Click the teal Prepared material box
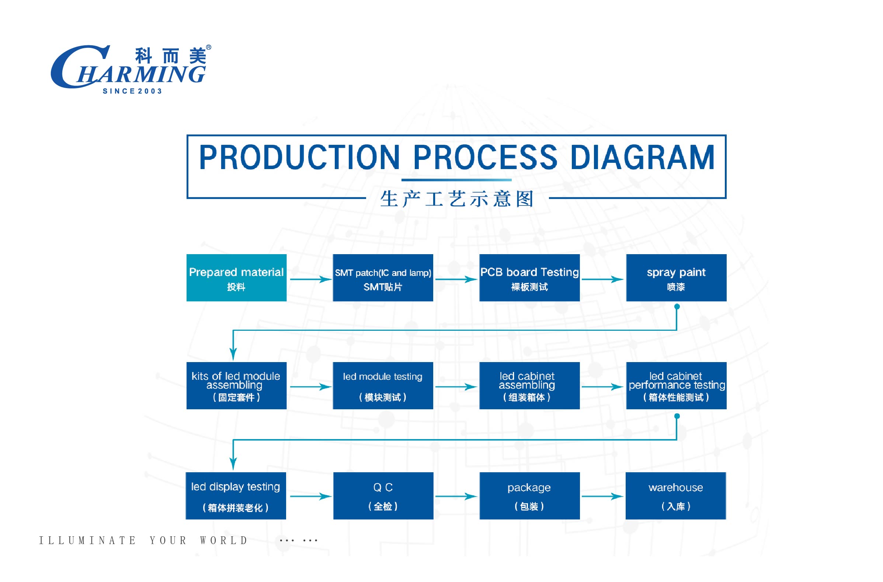[236, 278]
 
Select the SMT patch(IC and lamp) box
[383, 278]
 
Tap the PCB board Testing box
[529, 278]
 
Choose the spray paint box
[676, 278]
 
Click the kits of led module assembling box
[236, 386]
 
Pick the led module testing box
[383, 386]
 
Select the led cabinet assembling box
[529, 386]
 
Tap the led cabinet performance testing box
[676, 386]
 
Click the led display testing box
[236, 495]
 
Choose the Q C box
[383, 495]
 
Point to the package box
[529, 495]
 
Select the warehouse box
[676, 495]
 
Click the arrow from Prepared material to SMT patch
[310, 279]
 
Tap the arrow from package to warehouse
[602, 496]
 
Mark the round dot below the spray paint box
[677, 306]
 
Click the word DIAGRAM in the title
[642, 157]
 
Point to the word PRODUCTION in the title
[299, 157]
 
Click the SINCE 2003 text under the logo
[132, 91]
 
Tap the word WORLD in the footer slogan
[224, 540]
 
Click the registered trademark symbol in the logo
[209, 48]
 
